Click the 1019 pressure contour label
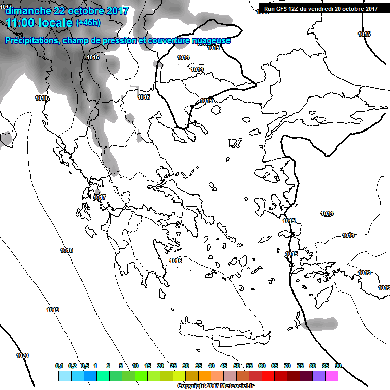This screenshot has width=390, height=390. pos(53,310)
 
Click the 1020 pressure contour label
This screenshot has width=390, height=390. pos(22,355)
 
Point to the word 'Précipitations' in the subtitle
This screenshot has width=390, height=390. pos(31,41)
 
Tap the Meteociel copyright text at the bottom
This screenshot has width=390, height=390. pos(216,386)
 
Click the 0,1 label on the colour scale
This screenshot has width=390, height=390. pos(59,366)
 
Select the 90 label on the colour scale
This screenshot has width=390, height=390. pos(338,366)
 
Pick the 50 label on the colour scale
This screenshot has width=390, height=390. pos(237,366)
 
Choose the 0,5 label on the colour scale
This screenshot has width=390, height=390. pos(85,366)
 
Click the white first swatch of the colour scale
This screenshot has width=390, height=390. pos(52,376)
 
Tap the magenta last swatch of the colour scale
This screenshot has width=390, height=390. pos(332,376)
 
